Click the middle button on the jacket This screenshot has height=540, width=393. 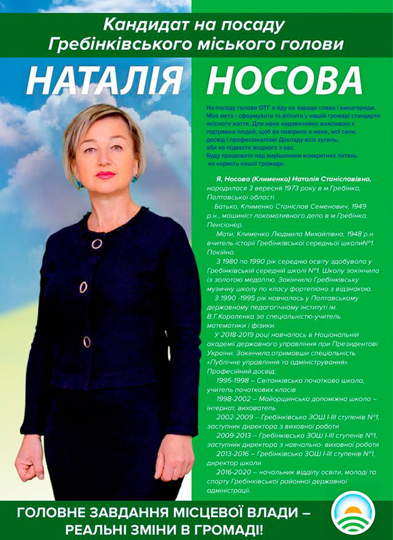tap(83, 287)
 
